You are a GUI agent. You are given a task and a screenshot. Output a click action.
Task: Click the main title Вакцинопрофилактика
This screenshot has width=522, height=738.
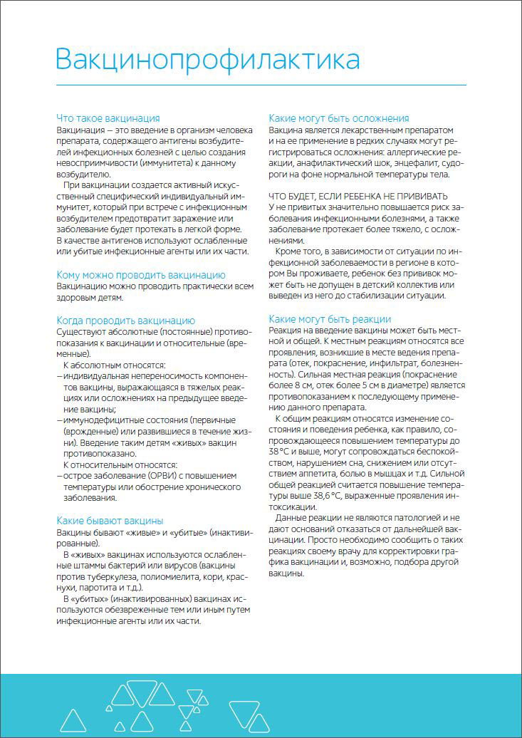[208, 59]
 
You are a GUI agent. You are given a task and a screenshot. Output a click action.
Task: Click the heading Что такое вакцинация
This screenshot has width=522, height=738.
[108, 118]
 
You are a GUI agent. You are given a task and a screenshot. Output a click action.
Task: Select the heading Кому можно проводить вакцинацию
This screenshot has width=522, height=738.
[141, 274]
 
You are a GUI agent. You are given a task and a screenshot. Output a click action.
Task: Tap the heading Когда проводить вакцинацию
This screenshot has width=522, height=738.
[125, 321]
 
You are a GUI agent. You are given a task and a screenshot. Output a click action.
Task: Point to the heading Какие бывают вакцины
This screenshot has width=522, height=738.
[110, 520]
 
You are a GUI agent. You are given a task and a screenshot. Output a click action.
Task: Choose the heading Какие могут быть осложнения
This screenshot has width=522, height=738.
[338, 118]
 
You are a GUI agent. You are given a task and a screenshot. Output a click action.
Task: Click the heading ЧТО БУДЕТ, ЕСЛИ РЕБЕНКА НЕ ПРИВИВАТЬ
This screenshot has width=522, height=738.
[358, 196]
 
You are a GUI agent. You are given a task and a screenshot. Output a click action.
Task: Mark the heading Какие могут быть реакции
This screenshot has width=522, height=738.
[330, 319]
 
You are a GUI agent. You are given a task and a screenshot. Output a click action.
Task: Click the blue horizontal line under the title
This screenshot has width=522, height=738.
[261, 85]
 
